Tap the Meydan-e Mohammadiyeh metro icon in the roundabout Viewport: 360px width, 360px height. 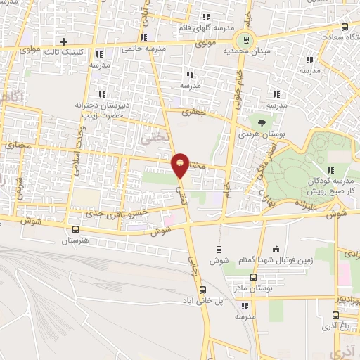coord(245,39)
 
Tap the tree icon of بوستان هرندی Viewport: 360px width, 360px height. coord(262,122)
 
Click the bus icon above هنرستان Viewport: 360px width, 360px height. coord(75,229)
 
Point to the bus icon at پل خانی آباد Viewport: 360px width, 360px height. coord(202,290)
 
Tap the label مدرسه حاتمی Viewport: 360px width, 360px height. coord(143,49)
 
